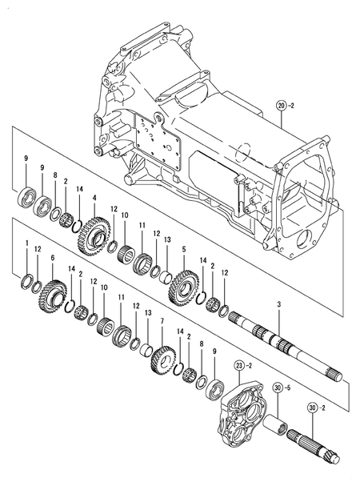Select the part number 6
point(52,258)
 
